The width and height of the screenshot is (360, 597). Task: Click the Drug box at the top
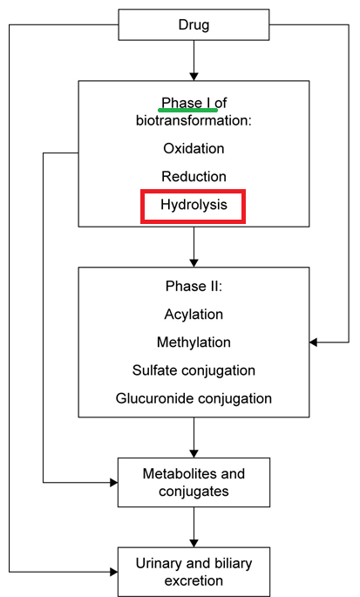point(194,24)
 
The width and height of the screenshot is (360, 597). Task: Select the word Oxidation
point(194,148)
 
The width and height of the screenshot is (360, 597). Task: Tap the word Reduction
point(194,177)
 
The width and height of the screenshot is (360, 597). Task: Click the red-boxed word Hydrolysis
point(194,205)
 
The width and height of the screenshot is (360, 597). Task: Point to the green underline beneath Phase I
point(187,111)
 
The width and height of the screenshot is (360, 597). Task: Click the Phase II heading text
point(194,287)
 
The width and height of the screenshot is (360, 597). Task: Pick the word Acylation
point(194,315)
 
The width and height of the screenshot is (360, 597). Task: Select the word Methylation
point(194,343)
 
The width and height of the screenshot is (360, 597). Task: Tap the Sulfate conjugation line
point(194,370)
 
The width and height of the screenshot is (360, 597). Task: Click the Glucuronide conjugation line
point(194,398)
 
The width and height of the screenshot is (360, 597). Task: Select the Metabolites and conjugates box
point(194,483)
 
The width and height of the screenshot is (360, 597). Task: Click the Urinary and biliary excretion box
point(194,572)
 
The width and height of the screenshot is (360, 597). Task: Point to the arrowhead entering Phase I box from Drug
point(194,76)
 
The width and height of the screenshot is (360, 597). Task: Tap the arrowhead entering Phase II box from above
point(194,262)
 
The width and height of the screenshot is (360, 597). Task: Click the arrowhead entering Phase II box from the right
point(314,343)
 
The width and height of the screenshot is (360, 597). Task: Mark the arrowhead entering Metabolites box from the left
point(113,483)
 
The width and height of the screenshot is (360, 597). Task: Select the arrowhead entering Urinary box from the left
point(113,572)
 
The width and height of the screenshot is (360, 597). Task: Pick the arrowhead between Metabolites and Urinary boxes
point(194,543)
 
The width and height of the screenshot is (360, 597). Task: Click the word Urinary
point(157,564)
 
